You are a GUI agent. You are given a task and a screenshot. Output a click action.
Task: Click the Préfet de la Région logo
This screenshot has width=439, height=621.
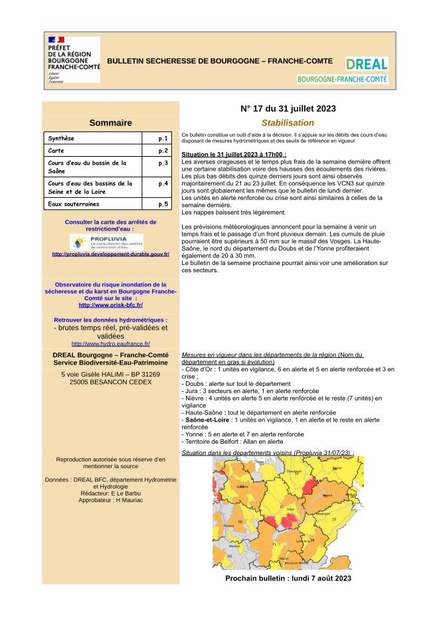(73, 59)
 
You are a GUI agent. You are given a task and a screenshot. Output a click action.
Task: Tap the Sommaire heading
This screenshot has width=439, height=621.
(110, 123)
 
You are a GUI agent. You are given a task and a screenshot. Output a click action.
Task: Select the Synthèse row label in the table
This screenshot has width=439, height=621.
(61, 139)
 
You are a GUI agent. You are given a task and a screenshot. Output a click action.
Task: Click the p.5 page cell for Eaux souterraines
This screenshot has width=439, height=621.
(163, 204)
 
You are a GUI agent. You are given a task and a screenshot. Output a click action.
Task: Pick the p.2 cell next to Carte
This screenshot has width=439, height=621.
(163, 151)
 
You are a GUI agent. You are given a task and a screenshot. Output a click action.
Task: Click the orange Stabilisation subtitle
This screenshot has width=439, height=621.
(288, 123)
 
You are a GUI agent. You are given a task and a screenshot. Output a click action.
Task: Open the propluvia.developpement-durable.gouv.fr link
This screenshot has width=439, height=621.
(111, 254)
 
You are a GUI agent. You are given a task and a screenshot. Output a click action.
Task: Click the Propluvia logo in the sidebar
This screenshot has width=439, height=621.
(106, 240)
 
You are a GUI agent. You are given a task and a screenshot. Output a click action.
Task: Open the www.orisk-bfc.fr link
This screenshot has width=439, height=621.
(110, 305)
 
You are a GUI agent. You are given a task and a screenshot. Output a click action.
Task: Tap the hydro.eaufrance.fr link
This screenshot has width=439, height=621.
(110, 343)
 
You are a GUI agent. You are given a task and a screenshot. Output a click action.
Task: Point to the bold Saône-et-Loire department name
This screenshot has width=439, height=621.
(206, 420)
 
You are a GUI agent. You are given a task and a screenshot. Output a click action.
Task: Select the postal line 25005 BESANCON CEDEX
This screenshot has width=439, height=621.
(110, 383)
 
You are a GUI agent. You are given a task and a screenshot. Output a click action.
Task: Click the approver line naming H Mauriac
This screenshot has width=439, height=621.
(110, 499)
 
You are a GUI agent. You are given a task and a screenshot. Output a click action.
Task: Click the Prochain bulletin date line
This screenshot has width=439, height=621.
(288, 578)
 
